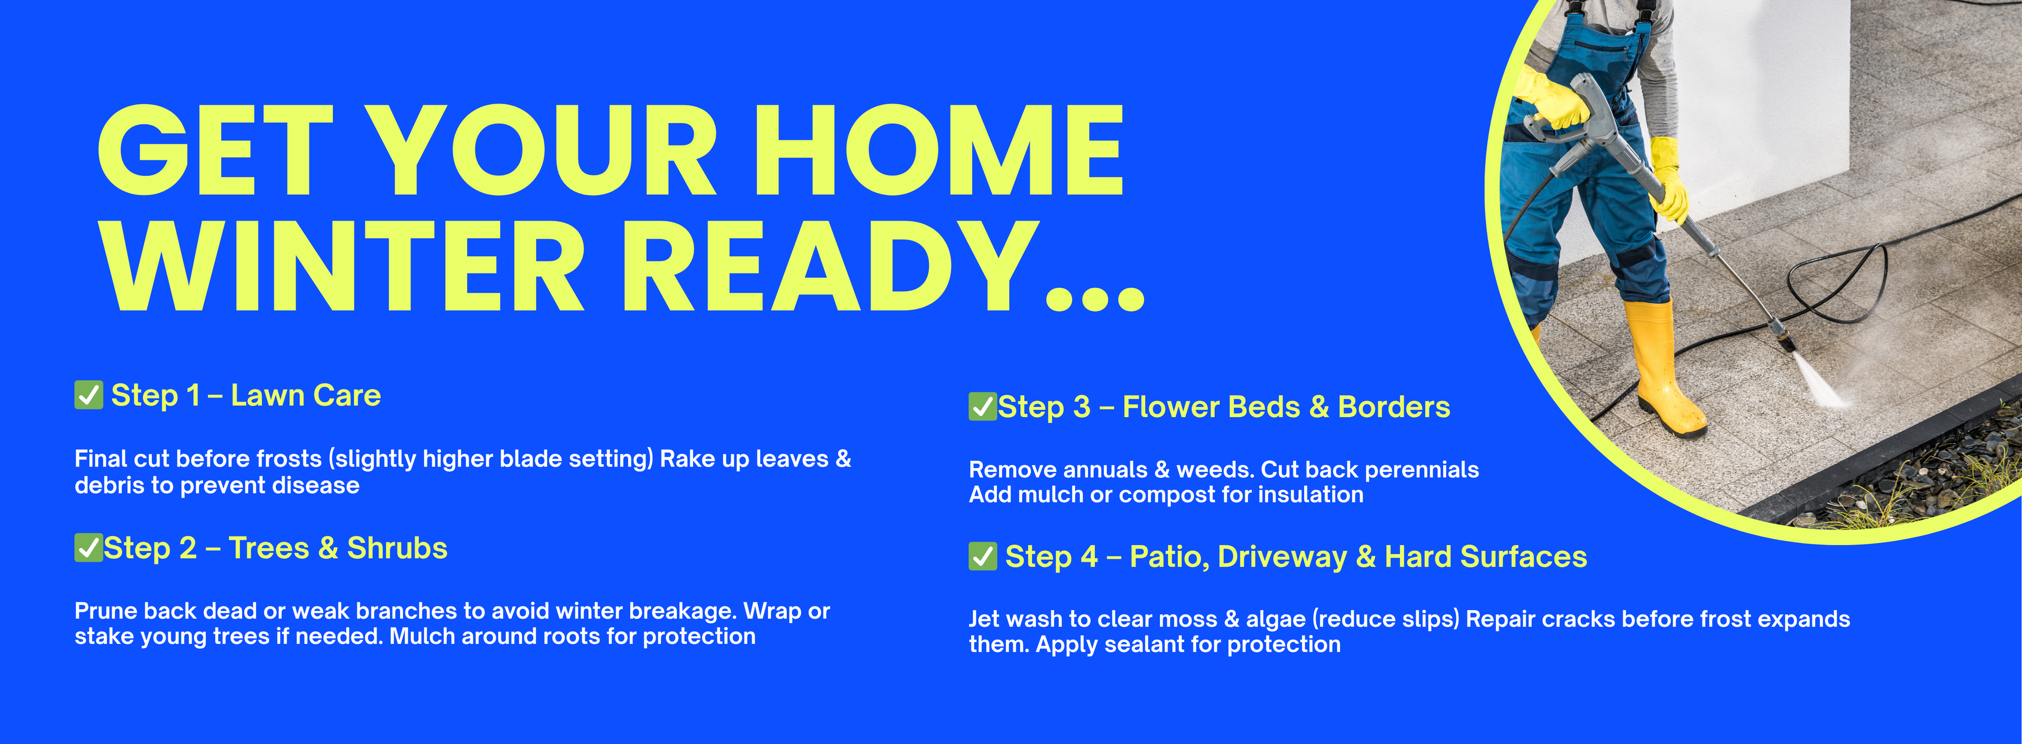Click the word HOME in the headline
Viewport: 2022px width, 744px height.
938,150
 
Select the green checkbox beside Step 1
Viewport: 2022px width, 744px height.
88,395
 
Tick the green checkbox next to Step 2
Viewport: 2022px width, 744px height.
88,547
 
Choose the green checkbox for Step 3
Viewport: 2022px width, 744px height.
983,406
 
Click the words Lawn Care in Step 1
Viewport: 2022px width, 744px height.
305,395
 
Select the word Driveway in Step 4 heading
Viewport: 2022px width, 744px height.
1283,557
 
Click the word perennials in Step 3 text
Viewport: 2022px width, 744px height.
1422,470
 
